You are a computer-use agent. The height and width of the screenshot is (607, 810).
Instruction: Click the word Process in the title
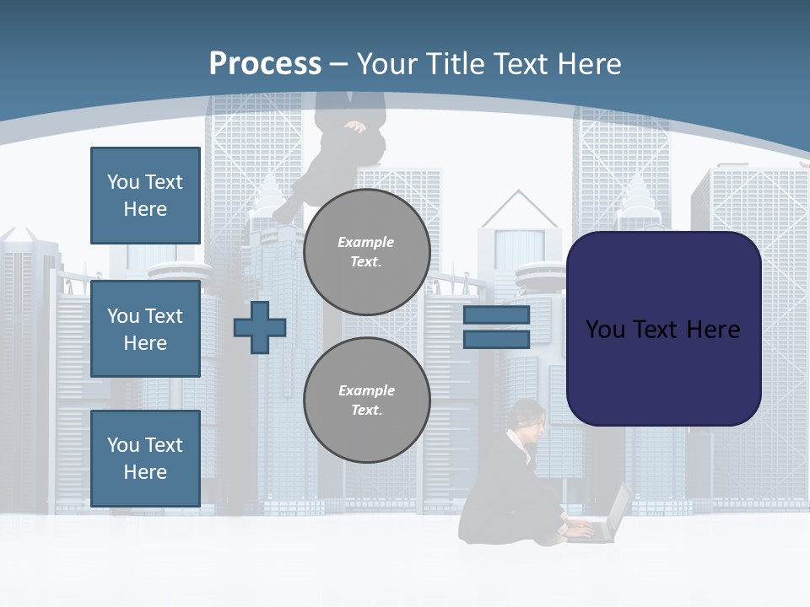coord(265,64)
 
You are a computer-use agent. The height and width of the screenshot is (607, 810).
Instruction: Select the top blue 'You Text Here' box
coord(145,196)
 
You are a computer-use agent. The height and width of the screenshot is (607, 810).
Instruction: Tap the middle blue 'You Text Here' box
coord(145,329)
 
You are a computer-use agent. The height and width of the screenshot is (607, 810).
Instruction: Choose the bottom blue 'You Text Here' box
coord(145,459)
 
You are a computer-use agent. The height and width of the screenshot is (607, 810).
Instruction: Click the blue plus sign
coord(260,327)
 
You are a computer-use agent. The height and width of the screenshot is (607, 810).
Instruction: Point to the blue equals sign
coord(496,327)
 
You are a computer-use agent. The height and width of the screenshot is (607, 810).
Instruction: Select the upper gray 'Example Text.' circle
coord(366,252)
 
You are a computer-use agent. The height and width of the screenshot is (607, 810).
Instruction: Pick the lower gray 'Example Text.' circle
coord(366,400)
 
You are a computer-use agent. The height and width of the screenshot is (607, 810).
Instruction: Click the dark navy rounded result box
coord(663,329)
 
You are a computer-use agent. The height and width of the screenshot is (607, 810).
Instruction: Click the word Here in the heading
coord(590,64)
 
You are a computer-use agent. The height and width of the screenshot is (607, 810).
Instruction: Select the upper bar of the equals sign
coord(496,315)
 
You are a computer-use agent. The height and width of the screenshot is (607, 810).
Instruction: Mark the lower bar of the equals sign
coord(496,340)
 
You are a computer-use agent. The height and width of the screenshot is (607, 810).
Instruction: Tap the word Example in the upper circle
coord(366,242)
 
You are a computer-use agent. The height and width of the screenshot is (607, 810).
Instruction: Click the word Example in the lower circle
coord(366,390)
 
